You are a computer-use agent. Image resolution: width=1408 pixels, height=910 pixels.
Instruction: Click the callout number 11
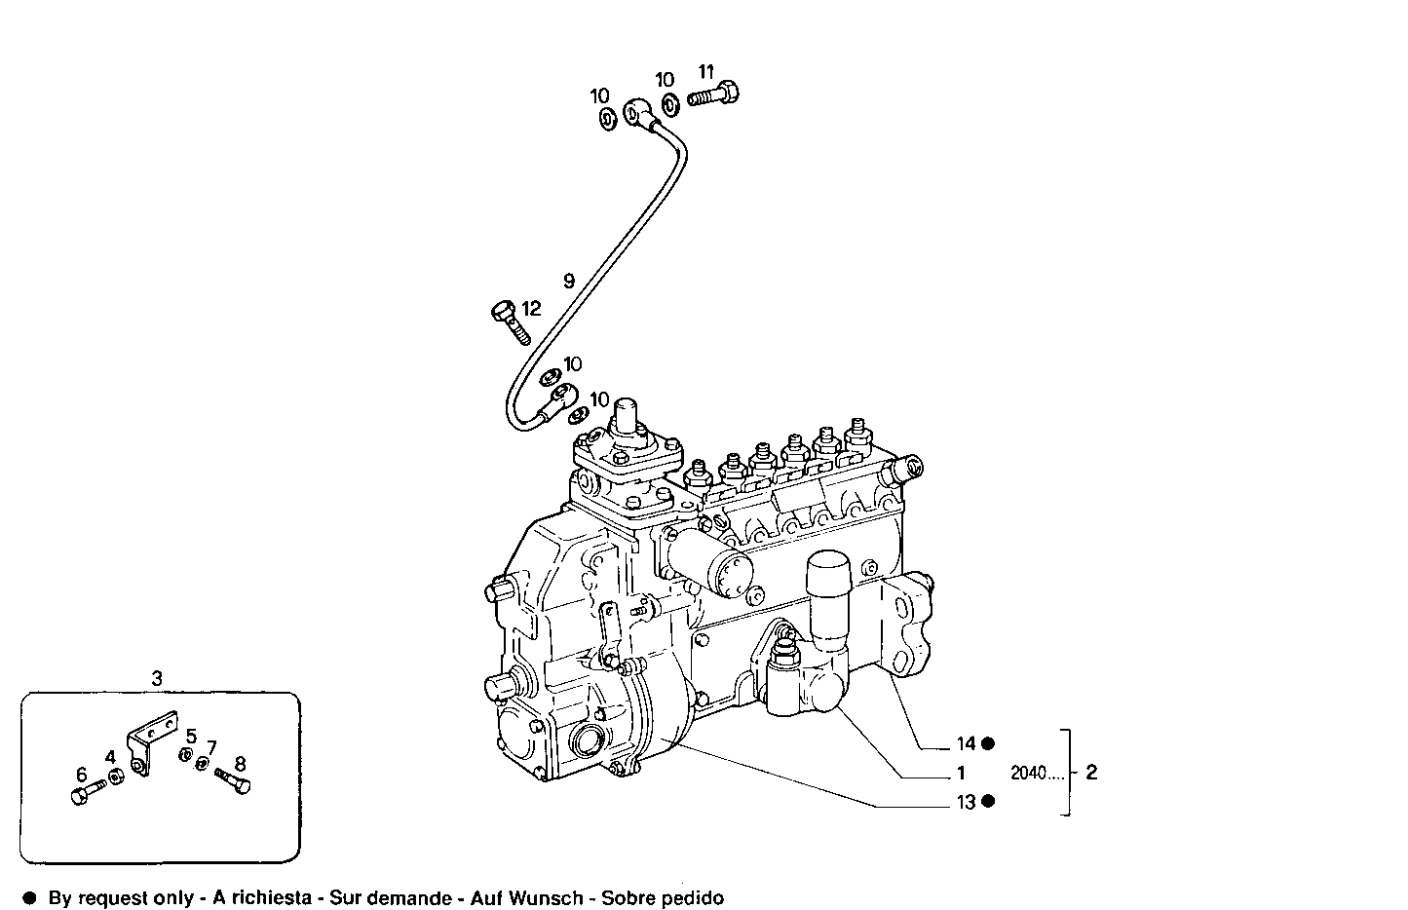706,71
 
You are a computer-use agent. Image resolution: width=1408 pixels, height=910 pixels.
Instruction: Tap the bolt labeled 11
714,95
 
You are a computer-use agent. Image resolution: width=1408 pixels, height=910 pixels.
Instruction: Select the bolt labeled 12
509,322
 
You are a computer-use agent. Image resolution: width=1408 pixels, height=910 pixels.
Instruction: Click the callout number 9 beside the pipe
569,281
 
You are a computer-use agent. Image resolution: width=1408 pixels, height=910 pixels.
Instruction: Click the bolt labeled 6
82,795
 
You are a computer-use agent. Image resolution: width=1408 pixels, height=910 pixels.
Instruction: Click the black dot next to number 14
988,743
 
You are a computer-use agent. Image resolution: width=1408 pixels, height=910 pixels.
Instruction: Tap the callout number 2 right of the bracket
1091,772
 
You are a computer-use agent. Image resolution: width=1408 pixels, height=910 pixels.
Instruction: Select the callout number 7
210,747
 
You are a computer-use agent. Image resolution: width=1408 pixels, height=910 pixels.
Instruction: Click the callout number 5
192,737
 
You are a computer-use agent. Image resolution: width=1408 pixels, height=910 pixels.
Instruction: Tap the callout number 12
531,309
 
